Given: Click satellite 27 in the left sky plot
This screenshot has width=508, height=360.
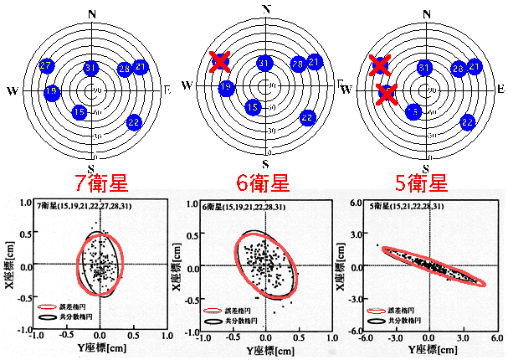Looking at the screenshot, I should [47, 65].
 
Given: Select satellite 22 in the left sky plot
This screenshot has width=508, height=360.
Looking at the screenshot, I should [133, 122].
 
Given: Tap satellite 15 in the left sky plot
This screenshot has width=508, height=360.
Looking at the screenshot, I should [80, 111].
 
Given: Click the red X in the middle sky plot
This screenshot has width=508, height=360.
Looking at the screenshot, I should [219, 60].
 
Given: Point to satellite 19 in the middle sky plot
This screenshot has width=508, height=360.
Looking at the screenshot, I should [226, 87].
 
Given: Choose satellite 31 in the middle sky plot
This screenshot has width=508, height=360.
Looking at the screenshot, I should [264, 63].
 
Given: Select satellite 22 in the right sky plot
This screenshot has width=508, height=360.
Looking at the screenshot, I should [467, 122].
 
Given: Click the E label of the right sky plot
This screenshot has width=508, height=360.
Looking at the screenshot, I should [500, 88].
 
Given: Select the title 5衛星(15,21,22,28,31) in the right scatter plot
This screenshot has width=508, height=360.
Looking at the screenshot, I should [401, 204].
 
